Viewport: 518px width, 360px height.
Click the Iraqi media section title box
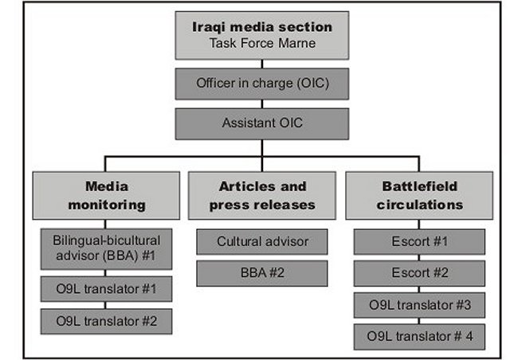pos(262,35)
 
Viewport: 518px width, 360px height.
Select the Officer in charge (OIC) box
pos(262,84)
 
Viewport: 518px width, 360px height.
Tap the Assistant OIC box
pos(262,124)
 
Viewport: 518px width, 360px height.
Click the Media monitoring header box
pos(106,195)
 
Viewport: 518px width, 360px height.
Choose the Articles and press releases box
pos(262,195)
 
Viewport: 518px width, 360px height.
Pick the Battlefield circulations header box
pos(419,195)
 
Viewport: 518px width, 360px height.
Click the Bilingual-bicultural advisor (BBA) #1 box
pos(106,249)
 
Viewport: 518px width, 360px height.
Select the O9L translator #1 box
pos(106,289)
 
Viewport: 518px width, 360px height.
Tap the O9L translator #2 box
pos(106,321)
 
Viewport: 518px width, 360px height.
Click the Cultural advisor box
pos(262,242)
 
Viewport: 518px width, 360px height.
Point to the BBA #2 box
pos(262,273)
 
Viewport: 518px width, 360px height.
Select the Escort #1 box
pos(419,242)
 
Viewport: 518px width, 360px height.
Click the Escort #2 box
pos(419,273)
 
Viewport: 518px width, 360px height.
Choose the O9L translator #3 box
pos(419,305)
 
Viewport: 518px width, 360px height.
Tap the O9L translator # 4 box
pos(419,337)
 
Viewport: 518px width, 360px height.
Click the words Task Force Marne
pos(262,43)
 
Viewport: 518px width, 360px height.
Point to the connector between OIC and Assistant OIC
pos(262,104)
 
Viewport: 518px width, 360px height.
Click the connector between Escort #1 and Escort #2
pos(419,257)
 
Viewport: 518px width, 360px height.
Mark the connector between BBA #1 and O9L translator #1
pos(105,273)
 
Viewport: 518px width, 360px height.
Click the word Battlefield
pos(419,186)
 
